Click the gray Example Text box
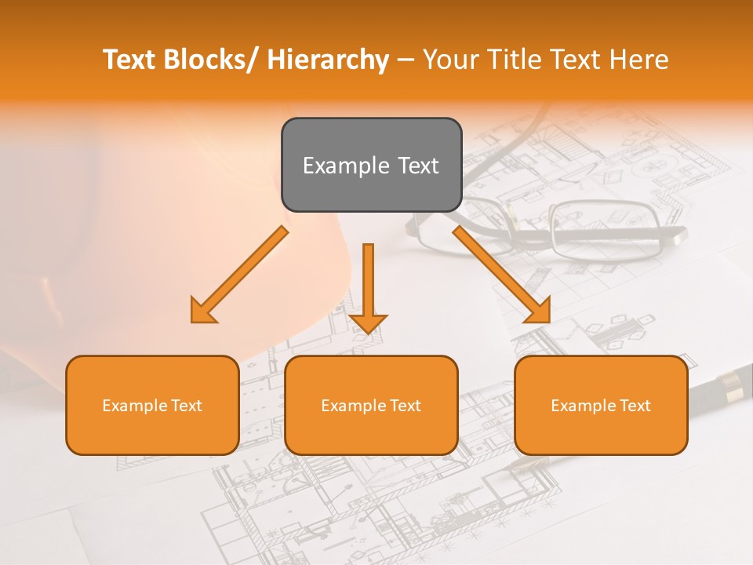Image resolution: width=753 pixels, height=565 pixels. (371, 165)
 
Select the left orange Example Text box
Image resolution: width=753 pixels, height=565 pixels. (152, 405)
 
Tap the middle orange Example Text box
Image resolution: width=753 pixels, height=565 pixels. (371, 405)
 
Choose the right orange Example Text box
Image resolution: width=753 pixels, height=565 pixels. (601, 405)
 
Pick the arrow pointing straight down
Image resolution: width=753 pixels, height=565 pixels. (368, 286)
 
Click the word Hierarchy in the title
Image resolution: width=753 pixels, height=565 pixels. (327, 60)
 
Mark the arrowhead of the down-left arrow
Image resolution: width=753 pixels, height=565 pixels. (202, 312)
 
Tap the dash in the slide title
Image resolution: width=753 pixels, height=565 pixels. (406, 60)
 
